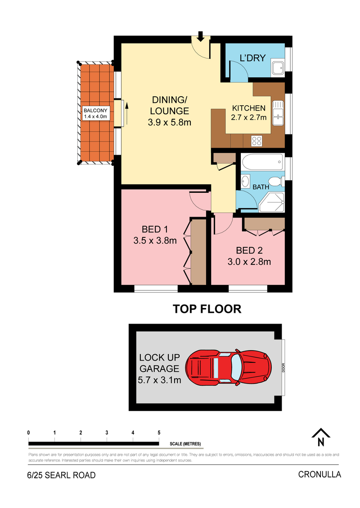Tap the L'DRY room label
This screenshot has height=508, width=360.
click(252, 58)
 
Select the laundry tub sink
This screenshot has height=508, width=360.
click(278, 67)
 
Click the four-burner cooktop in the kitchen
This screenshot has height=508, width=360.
click(257, 141)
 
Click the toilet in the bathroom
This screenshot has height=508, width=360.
click(276, 182)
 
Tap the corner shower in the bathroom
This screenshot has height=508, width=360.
click(272, 202)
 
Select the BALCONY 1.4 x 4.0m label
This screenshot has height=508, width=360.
click(95, 113)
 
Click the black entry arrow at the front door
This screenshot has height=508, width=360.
click(201, 36)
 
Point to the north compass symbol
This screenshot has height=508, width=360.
click(321, 437)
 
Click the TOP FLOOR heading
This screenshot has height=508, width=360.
click(207, 309)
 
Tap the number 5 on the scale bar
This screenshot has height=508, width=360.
click(159, 432)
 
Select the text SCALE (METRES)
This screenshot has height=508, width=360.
click(185, 444)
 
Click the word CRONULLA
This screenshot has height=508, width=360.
click(319, 474)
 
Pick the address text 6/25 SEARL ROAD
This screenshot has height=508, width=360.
click(61, 475)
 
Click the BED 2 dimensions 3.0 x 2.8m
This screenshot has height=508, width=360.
click(249, 262)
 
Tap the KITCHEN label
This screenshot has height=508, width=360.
click(249, 108)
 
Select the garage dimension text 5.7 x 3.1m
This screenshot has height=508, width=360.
click(159, 380)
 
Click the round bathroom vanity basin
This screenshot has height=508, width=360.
click(246, 180)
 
